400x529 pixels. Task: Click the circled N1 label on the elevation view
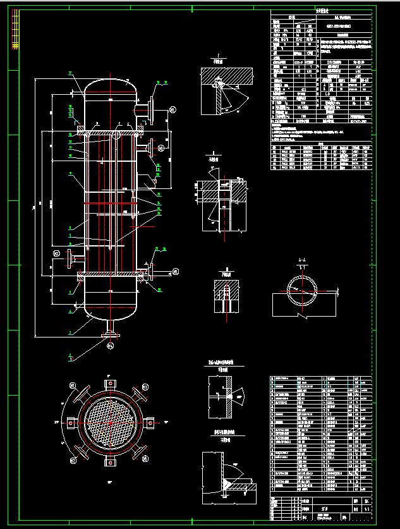click(x=173, y=110)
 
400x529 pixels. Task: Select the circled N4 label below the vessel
click(x=109, y=346)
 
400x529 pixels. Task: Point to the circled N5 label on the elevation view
click(x=175, y=272)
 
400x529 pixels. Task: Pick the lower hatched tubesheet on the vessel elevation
click(x=109, y=275)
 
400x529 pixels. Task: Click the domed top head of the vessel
click(x=109, y=85)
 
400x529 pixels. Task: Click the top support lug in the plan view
click(x=109, y=383)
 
